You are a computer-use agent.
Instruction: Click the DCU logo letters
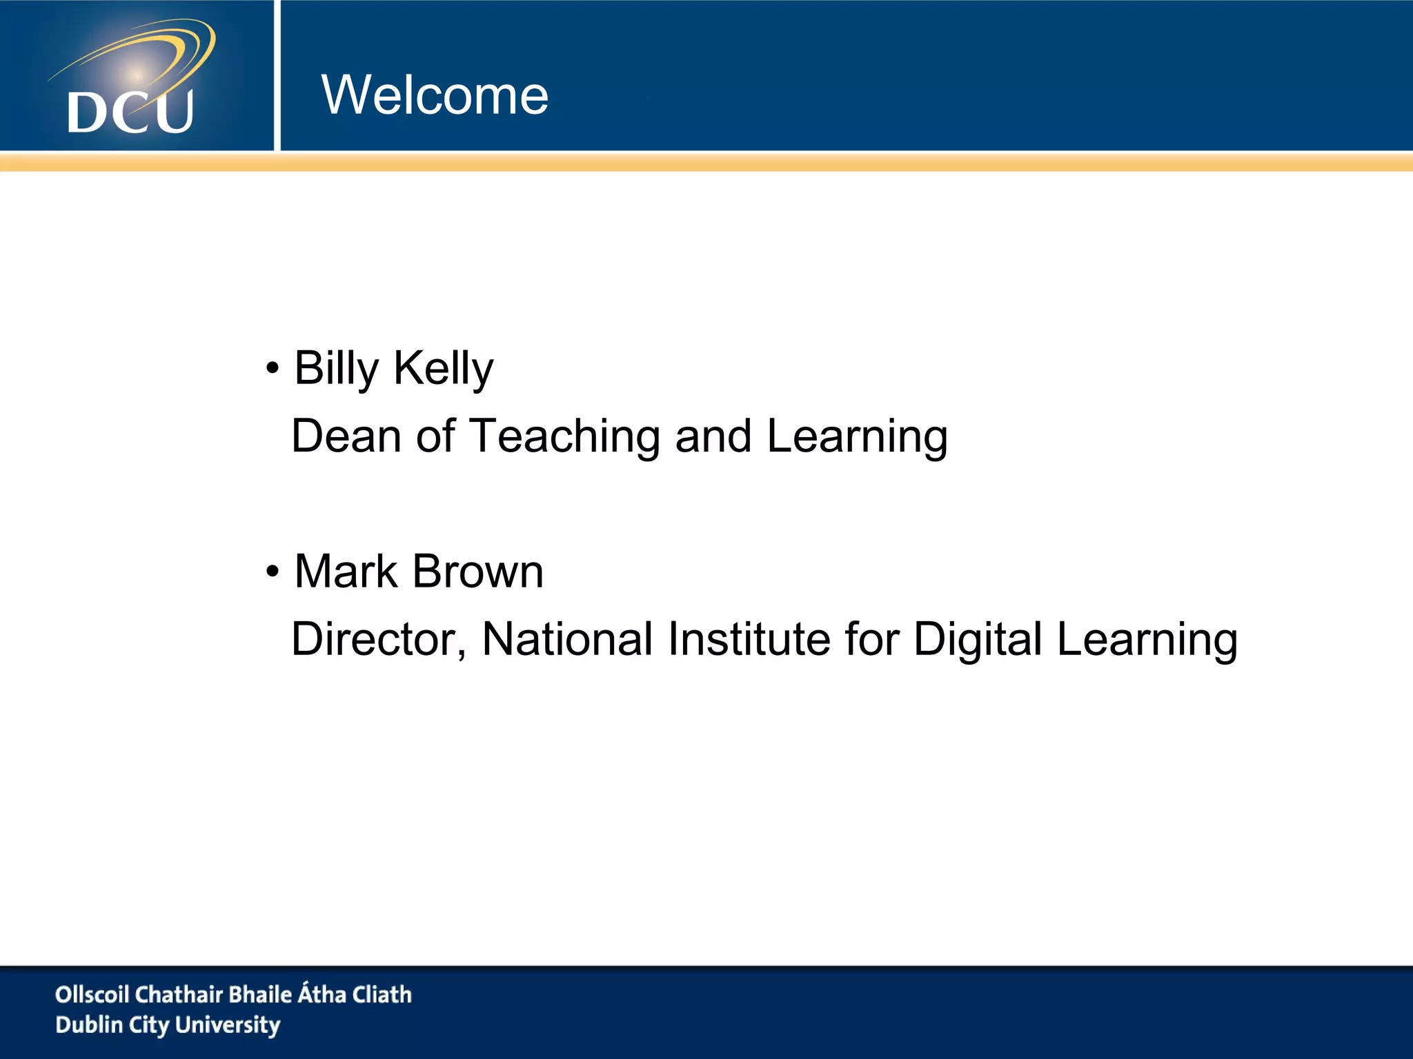tap(130, 112)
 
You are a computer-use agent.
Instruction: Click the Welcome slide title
tap(435, 95)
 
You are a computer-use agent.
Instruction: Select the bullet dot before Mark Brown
tap(273, 572)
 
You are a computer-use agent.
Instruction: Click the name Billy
tap(336, 368)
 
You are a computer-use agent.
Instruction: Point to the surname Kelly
tap(443, 368)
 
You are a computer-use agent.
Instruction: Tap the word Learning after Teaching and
tap(857, 437)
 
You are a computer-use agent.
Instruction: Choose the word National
tap(567, 639)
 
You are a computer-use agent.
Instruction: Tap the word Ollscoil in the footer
tap(92, 994)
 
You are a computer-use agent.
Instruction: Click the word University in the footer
tap(228, 1025)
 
